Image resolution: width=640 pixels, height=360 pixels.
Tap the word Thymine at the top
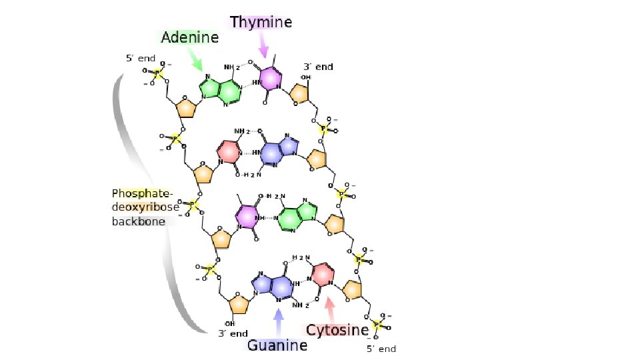[x=261, y=22]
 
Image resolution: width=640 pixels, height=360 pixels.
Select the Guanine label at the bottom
[x=277, y=345]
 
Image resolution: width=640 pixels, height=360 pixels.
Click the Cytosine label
[x=337, y=330]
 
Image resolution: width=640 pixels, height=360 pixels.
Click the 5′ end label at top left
[x=141, y=58]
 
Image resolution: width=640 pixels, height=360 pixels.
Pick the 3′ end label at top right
[x=318, y=67]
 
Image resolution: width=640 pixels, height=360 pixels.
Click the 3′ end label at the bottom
[x=233, y=333]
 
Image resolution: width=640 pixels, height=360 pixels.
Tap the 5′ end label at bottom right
[x=381, y=349]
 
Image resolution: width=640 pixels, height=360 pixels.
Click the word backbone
[x=138, y=221]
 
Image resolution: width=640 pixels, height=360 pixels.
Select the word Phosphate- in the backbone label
[x=142, y=193]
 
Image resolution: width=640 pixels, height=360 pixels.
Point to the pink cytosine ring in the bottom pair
[x=323, y=274]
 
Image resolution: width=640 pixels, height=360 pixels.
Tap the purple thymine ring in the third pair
[x=246, y=217]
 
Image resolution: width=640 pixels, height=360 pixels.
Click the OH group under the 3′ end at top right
[x=305, y=77]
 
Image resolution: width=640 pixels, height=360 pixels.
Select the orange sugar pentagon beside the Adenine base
[x=184, y=107]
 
